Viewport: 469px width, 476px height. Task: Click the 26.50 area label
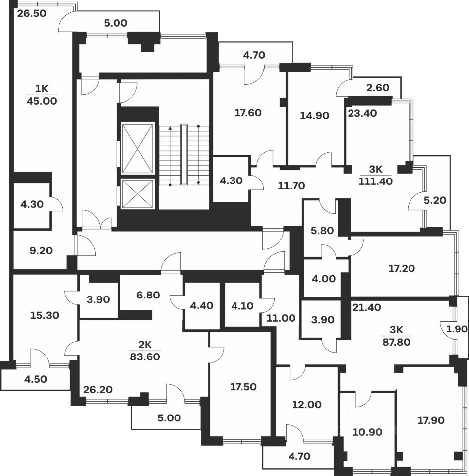[x=32, y=13]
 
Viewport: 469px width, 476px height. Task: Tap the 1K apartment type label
[x=42, y=89]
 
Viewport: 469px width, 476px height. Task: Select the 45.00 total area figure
[x=42, y=101]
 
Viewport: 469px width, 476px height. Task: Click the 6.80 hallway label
[x=148, y=295]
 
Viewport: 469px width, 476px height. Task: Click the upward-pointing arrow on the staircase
[x=170, y=129]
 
